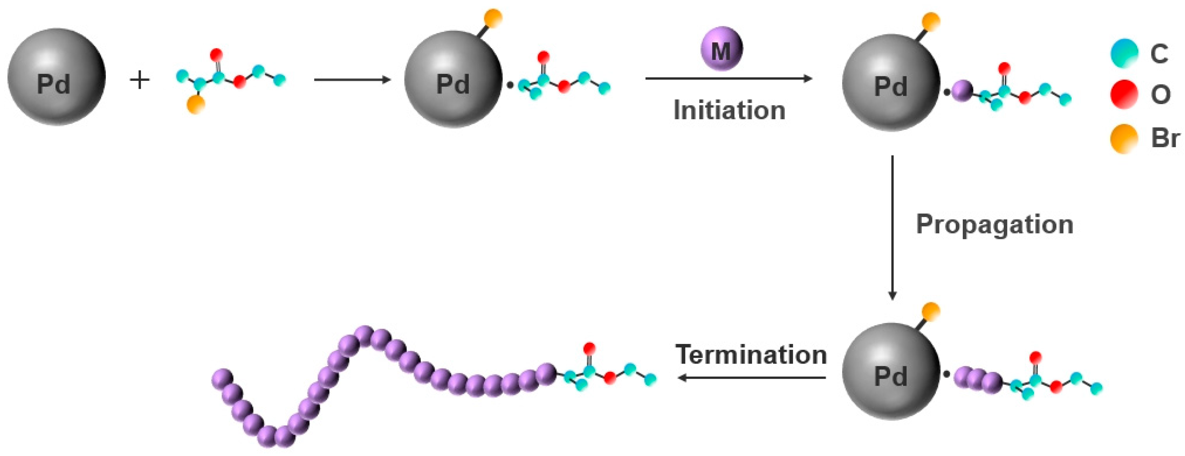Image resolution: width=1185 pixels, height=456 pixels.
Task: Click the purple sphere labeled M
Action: point(721,49)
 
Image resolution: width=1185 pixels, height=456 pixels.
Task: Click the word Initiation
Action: point(729,111)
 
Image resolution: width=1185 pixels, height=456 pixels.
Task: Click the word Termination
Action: point(751,355)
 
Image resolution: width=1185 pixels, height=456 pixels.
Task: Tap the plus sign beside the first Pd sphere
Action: point(140,80)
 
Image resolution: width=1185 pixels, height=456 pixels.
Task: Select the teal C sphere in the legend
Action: point(1124,53)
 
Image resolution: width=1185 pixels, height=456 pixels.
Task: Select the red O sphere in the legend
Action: point(1124,94)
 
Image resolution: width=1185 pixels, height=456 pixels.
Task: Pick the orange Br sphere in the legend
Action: point(1124,138)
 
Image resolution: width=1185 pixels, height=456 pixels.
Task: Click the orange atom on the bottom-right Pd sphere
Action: point(931,311)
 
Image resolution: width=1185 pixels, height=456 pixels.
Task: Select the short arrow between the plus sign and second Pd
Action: point(352,80)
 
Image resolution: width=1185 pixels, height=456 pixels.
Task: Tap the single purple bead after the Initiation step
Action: point(962,91)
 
